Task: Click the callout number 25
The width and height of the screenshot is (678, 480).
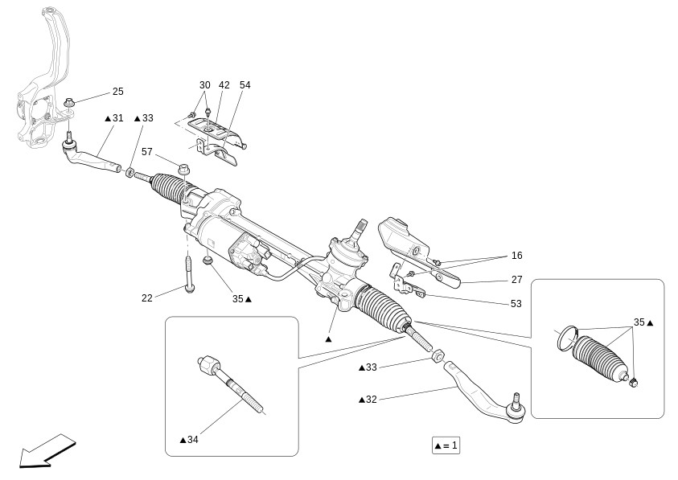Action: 118,91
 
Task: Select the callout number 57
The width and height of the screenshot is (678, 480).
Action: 147,152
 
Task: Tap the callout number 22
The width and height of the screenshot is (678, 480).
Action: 147,298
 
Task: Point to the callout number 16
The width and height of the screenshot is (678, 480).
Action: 516,256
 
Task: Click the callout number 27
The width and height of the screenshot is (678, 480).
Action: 516,280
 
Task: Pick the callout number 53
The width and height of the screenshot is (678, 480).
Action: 516,304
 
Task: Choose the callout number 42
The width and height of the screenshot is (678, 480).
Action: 224,84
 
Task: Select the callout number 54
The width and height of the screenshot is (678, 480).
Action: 245,84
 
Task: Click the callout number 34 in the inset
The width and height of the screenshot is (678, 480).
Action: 192,440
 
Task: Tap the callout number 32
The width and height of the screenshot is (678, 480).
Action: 372,400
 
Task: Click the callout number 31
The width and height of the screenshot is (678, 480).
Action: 117,118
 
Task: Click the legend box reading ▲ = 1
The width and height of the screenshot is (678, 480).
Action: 446,445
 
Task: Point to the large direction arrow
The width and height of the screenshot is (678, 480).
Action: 47,452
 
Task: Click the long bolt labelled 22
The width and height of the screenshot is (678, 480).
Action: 188,275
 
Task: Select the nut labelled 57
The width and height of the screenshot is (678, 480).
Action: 183,168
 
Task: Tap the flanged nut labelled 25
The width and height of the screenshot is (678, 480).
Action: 69,104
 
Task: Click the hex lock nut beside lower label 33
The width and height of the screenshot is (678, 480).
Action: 438,355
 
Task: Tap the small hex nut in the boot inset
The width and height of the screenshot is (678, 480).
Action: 635,382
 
